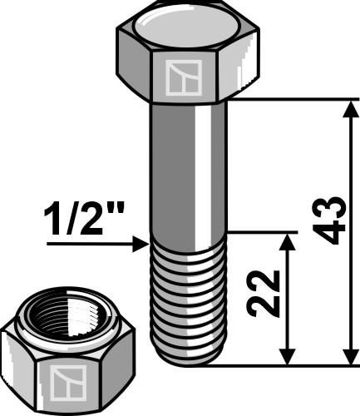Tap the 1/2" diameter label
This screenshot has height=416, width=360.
pos(78,223)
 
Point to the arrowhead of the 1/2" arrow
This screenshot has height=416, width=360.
pos(142,244)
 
